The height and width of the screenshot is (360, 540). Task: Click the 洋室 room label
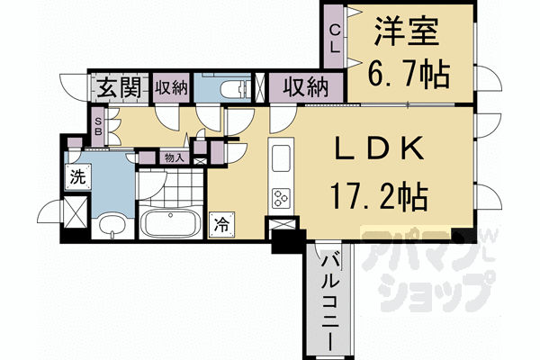point(407,32)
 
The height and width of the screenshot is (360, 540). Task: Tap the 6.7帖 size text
point(409,75)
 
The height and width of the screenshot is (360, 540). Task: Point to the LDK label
point(380,148)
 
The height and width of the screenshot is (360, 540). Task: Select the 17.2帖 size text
point(380,197)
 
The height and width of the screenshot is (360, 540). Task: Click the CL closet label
point(335,39)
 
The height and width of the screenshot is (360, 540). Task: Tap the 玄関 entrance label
point(119,87)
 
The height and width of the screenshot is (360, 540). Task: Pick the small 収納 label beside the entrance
point(171,88)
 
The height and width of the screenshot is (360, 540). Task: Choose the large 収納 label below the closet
point(305,88)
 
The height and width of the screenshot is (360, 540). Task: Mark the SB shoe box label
point(98,127)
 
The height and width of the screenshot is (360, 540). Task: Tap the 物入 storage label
point(175,158)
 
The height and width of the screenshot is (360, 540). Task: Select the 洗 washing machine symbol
point(78,176)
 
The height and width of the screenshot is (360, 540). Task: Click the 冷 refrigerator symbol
point(222,225)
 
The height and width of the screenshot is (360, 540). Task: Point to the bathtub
point(170,222)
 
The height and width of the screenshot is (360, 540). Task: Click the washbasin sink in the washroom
point(112,226)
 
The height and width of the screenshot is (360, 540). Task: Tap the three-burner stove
point(281,198)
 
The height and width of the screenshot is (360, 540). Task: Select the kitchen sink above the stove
point(281,158)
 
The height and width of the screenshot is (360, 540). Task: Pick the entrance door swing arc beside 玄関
point(73,87)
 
